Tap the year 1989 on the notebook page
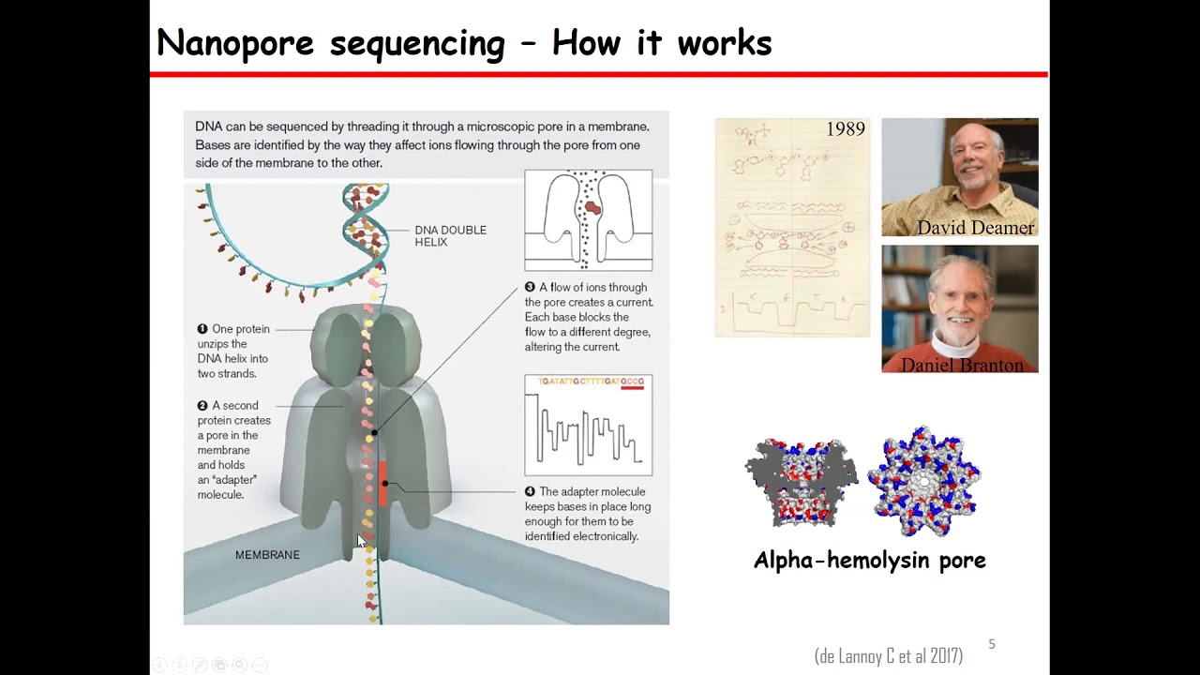pos(845,129)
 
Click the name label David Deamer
pos(975,228)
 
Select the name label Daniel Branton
pos(962,365)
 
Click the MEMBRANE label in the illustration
pos(267,555)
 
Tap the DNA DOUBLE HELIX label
pos(450,235)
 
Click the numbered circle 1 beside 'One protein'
pos(202,329)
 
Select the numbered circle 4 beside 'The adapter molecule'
pos(530,491)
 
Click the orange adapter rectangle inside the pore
pos(382,483)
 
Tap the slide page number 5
pos(992,644)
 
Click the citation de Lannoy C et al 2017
pos(888,656)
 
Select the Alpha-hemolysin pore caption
pos(869,561)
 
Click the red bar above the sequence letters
pos(633,388)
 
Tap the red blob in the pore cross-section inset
pos(592,207)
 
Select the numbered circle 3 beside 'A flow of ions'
pos(530,287)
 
